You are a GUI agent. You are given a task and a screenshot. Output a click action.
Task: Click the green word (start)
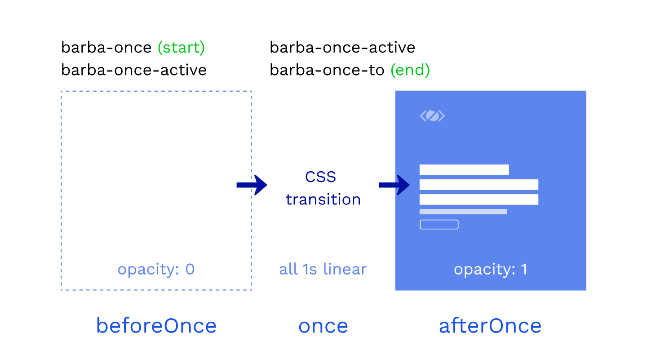coord(181,48)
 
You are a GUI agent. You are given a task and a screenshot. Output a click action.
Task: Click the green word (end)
coord(410,70)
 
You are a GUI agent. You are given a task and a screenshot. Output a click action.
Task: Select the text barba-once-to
coord(327,70)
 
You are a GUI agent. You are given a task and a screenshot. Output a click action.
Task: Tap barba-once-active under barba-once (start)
coord(134,70)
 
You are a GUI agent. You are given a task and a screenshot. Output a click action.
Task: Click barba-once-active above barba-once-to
coord(342,47)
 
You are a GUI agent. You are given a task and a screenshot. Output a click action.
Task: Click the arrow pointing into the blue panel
coord(394,185)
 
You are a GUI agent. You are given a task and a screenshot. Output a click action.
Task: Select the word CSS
coord(321,177)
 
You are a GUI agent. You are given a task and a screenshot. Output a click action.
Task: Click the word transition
coord(323,200)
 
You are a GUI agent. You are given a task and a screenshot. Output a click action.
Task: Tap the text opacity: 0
coord(156,270)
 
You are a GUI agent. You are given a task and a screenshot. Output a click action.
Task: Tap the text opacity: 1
coord(491,270)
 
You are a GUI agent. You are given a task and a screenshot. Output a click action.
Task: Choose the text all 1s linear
coord(323,269)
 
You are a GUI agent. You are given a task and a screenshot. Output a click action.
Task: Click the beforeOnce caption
coord(156,326)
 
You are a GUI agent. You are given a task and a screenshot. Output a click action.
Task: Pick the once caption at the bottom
coord(323,327)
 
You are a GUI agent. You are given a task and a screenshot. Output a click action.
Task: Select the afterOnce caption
coord(490,326)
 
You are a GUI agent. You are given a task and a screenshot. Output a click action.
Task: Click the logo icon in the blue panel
coord(432,116)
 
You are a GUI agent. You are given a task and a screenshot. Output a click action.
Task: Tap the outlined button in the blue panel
coord(439,225)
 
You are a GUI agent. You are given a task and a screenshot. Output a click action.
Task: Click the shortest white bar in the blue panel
coord(464,170)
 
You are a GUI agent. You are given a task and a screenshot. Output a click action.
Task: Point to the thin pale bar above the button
coord(463,212)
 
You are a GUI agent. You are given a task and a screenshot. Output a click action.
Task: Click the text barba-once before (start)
coord(106,47)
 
